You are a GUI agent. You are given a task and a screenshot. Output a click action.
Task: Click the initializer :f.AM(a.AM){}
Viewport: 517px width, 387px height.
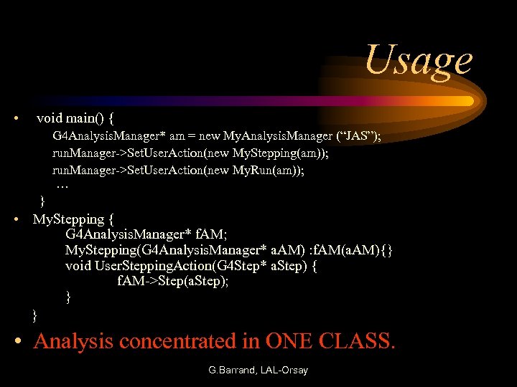point(350,250)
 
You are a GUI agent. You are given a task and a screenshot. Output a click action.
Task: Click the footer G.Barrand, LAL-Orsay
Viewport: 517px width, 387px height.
point(258,371)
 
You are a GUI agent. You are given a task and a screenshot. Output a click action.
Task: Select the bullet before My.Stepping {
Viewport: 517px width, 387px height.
point(17,219)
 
